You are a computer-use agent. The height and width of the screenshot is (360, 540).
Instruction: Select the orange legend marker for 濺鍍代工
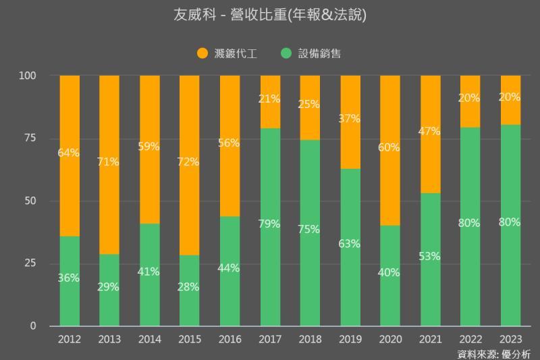201,53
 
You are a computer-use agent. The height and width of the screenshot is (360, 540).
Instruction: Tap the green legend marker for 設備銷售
286,53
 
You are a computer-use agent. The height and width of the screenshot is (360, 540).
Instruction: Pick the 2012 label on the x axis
70,338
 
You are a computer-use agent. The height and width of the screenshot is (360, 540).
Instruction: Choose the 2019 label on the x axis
350,338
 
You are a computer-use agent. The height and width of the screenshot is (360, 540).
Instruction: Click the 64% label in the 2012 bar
69,153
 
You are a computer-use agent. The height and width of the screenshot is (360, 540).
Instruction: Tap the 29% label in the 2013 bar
109,286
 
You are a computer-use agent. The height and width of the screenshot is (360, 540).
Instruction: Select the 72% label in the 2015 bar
189,161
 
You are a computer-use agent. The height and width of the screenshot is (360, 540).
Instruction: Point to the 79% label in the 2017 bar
269,224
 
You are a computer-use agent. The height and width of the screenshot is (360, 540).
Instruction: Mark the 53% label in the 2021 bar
429,256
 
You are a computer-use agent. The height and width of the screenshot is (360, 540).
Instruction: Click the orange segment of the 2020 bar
389,122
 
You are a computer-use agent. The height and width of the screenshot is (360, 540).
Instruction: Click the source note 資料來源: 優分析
494,353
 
